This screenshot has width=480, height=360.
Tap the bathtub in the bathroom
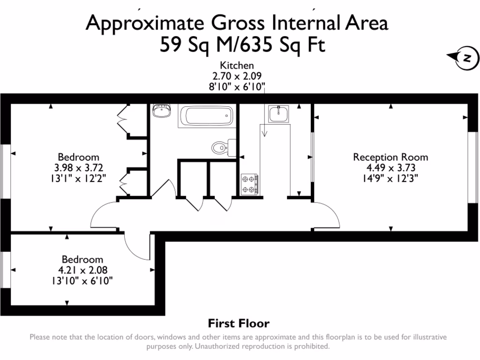point(206,115)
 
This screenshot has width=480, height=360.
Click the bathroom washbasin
point(162,111)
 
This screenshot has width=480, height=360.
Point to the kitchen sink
point(278,113)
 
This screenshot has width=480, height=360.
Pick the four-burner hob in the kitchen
point(249,184)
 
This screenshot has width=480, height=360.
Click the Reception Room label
point(390,157)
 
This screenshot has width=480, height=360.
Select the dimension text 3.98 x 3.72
point(78,167)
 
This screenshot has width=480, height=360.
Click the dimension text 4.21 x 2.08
point(83,270)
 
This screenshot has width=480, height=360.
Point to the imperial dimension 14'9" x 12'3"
point(390,178)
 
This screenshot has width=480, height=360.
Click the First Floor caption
point(239,323)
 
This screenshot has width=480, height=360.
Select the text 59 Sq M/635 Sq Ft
point(242,46)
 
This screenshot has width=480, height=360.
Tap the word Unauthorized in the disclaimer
point(217,347)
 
